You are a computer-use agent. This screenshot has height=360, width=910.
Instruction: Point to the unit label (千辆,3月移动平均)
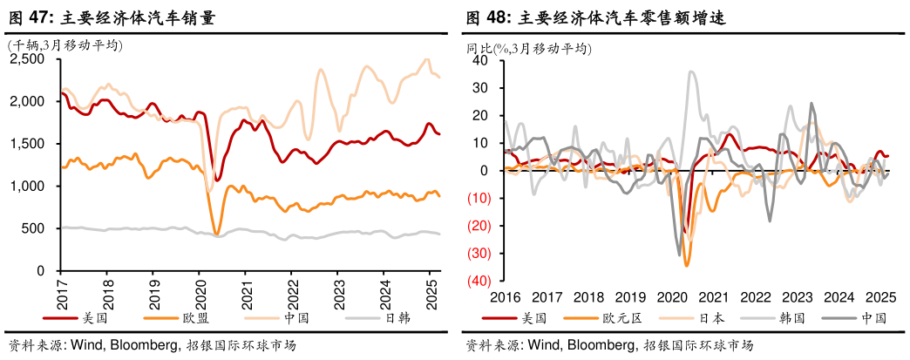tap(65, 45)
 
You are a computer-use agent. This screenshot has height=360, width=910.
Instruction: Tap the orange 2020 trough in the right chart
tap(687, 264)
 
